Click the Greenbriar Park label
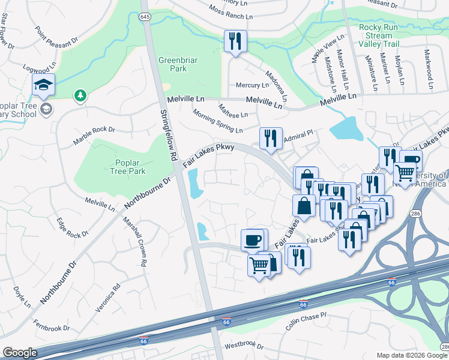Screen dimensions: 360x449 [x=173, y=64]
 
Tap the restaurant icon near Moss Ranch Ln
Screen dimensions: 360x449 [x=235, y=41]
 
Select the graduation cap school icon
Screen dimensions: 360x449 [x=43, y=85]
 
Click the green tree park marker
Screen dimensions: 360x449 [x=79, y=95]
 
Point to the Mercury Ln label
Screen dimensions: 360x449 [x=252, y=85]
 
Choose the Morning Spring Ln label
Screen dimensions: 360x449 [x=217, y=122]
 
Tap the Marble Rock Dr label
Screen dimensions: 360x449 [x=94, y=135]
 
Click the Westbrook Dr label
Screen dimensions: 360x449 [x=244, y=346]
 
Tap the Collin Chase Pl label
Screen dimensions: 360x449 [x=306, y=322]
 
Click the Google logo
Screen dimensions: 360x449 [x=20, y=353]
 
